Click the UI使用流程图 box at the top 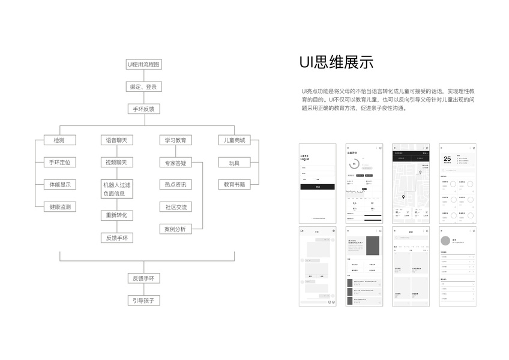tap(143, 64)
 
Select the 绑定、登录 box tap(143, 86)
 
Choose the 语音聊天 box tap(116, 140)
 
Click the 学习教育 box tap(175, 140)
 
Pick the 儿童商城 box tap(234, 140)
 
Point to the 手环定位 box tap(60, 163)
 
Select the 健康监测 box tap(60, 206)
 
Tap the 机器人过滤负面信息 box tap(116, 189)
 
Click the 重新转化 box tap(116, 215)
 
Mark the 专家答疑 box tap(175, 163)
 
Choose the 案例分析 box tap(175, 229)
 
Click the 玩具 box tap(234, 163)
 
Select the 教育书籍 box tap(234, 184)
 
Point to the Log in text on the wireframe tap(306, 159)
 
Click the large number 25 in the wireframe tap(447, 160)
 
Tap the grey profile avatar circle tap(445, 241)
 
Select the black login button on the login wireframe tap(318, 187)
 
